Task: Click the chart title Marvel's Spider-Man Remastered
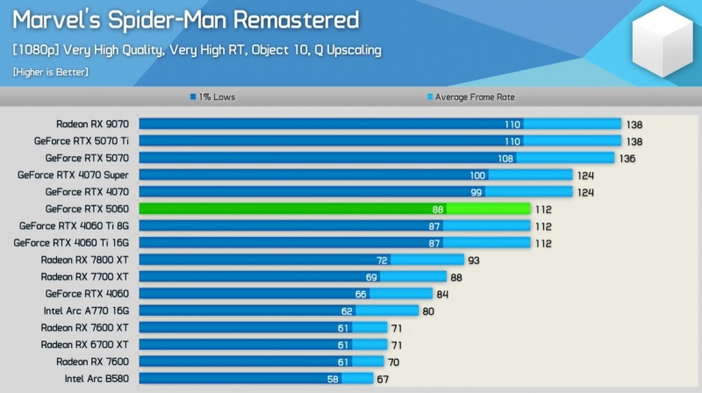coord(185,19)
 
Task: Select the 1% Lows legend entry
coord(212,97)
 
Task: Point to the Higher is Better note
coord(50,72)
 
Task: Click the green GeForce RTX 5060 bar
coord(333,209)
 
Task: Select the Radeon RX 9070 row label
coord(92,124)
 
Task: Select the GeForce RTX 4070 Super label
coord(73,175)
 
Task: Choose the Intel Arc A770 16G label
coord(86,311)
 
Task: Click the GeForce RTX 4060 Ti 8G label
coord(74,225)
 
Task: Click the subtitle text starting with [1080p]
coord(197,50)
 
